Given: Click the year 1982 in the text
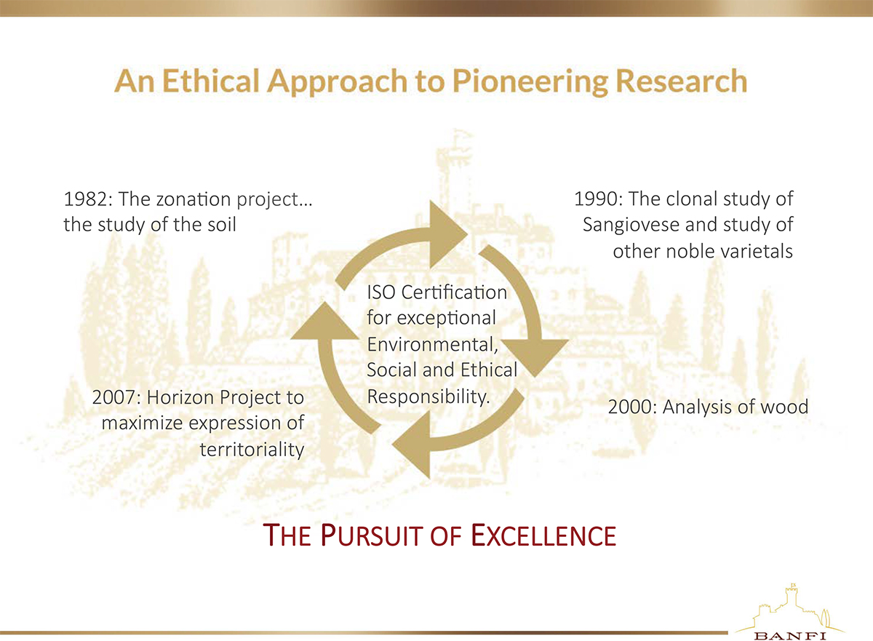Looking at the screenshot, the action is (85, 199).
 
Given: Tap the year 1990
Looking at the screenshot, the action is (597, 199).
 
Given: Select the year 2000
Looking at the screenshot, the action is (630, 407).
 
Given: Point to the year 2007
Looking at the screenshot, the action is (114, 398).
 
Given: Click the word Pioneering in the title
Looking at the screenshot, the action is (530, 81).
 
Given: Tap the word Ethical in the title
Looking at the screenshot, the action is (210, 81).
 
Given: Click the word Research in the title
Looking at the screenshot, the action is (682, 81).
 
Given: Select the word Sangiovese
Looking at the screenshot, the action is (631, 225).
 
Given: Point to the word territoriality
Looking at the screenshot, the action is (252, 450).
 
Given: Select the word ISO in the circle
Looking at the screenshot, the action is (381, 292).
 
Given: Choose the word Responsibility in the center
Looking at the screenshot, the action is (428, 397).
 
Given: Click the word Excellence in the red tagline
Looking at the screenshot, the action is (543, 536).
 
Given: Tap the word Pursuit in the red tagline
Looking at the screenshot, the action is (373, 536).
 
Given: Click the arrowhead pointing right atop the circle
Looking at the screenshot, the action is (448, 234).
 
